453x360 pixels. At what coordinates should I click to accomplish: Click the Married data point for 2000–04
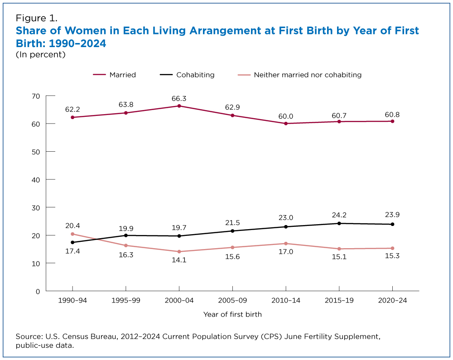pyautogui.click(x=179, y=106)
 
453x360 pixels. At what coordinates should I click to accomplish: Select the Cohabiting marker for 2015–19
pyautogui.click(x=339, y=223)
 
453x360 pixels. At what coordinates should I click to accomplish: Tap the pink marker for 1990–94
pyautogui.click(x=72, y=234)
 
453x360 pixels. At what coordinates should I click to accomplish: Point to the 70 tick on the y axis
pyautogui.click(x=36, y=96)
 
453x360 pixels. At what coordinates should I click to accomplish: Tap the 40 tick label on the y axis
pyautogui.click(x=36, y=179)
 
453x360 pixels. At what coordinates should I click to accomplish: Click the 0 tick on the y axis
pyautogui.click(x=38, y=291)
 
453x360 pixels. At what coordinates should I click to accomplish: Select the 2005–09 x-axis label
pyautogui.click(x=232, y=301)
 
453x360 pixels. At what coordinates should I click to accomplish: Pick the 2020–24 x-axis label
pyautogui.click(x=392, y=301)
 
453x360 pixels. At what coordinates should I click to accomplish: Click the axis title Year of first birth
pyautogui.click(x=232, y=314)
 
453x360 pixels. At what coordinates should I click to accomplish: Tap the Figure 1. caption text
pyautogui.click(x=36, y=19)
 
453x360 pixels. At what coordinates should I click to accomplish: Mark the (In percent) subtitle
pyautogui.click(x=41, y=54)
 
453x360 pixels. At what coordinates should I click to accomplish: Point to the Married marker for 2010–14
pyautogui.click(x=286, y=123)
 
